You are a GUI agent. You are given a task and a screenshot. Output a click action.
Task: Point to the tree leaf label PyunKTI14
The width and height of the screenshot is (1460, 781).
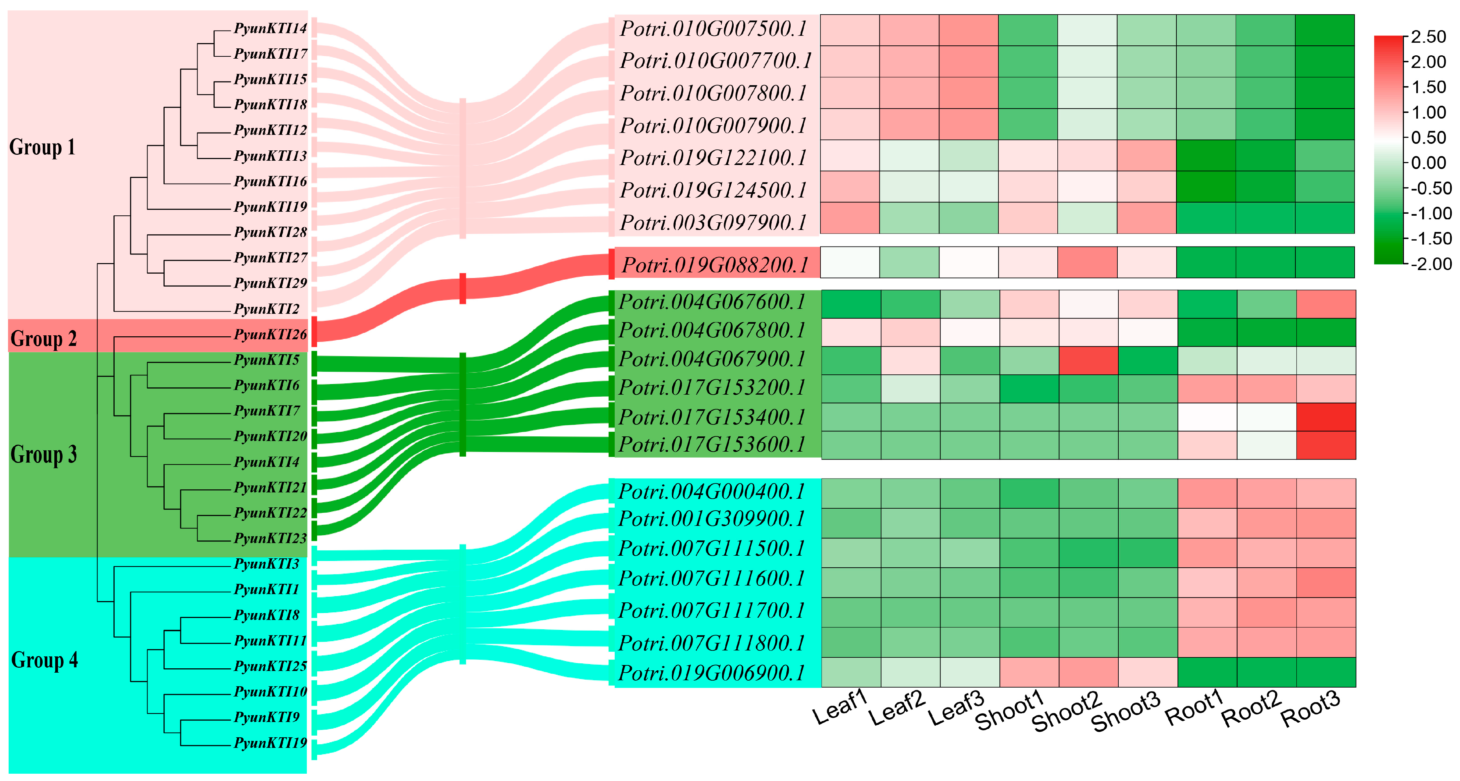pos(270,28)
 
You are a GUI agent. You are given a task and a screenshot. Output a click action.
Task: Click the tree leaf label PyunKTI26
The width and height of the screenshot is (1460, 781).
pos(270,334)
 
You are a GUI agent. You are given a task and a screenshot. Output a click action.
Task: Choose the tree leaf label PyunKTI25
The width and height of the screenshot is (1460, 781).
pos(270,666)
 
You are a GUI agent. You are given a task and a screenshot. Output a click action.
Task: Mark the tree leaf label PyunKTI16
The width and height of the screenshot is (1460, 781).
pos(270,181)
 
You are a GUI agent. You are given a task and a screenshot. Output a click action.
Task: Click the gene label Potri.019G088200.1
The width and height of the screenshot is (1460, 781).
pos(715,265)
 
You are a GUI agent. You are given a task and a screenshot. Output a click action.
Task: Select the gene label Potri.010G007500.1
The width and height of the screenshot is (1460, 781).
pos(713,29)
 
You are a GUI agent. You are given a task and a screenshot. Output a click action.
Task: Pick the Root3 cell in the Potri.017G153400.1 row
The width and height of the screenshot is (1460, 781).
pos(1326,417)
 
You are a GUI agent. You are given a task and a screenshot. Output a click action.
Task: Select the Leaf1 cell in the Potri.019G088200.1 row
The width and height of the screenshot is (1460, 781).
pos(850,262)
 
